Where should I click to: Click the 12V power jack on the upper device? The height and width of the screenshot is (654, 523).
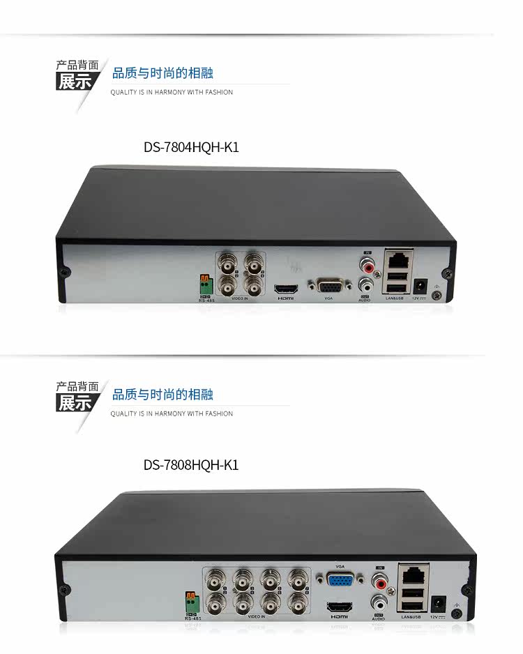coord(420,286)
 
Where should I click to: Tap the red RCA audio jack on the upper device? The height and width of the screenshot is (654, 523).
coord(366,265)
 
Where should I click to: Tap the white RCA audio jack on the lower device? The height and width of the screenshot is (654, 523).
coord(379,601)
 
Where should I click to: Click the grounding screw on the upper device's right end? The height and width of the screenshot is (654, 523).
coord(437,295)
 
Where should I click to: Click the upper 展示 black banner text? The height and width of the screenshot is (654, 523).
coord(75,82)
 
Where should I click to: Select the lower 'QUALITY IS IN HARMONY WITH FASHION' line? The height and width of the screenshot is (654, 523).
coord(172,413)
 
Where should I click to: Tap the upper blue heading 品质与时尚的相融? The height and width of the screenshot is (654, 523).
coord(162,73)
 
